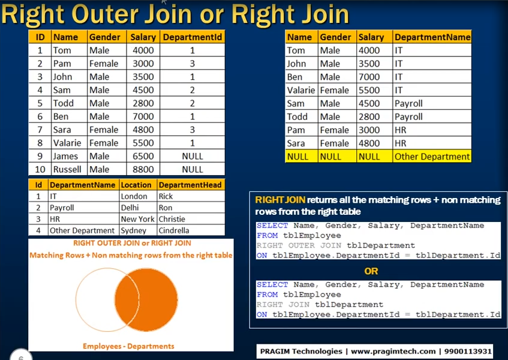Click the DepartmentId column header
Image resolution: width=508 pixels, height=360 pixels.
pyautogui.click(x=193, y=37)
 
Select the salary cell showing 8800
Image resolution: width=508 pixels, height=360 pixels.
pyautogui.click(x=143, y=169)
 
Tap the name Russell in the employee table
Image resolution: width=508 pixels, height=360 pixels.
pyautogui.click(x=67, y=169)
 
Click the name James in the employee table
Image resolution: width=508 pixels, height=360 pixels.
pyautogui.click(x=65, y=156)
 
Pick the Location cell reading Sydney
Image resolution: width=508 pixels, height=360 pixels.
pyautogui.click(x=134, y=230)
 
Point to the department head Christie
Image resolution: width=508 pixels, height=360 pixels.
pyautogui.click(x=172, y=219)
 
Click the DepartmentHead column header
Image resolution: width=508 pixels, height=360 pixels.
pyautogui.click(x=190, y=185)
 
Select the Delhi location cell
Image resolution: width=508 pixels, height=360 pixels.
pyautogui.click(x=130, y=208)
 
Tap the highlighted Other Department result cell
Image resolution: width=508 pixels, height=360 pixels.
pyautogui.click(x=432, y=157)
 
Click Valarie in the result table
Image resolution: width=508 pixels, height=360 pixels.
pyautogui.click(x=300, y=90)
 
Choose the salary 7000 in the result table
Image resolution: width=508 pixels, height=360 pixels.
pyautogui.click(x=369, y=77)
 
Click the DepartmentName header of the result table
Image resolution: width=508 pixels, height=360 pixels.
pyautogui.click(x=432, y=37)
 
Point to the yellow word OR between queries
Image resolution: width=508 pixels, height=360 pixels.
pyautogui.click(x=371, y=271)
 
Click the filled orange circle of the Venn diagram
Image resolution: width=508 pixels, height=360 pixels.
pyautogui.click(x=152, y=300)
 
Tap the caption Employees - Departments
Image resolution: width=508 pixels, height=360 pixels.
pyautogui.click(x=128, y=346)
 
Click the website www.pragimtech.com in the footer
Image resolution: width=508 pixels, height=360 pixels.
pyautogui.click(x=393, y=351)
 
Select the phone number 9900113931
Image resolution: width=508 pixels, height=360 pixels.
pyautogui.click(x=468, y=351)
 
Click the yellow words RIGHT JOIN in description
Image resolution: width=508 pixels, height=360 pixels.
pyautogui.click(x=280, y=200)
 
